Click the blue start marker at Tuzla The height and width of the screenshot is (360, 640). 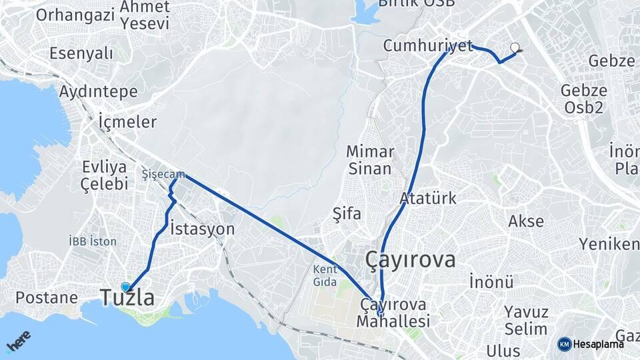[x=125, y=287]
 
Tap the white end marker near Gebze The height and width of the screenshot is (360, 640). [x=515, y=47]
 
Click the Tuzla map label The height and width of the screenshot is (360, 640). [x=127, y=298]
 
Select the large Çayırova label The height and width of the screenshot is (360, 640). [x=411, y=260]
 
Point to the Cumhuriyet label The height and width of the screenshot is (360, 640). [x=423, y=46]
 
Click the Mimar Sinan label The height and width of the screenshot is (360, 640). [x=370, y=160]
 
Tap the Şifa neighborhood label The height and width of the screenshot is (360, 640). [x=347, y=214]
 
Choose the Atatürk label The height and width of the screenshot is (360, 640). [x=428, y=198]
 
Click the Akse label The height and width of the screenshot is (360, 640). [x=526, y=221]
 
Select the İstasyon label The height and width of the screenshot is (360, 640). [x=203, y=229]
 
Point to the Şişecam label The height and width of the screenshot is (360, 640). [x=163, y=174]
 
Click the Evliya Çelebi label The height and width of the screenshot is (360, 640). [x=105, y=175]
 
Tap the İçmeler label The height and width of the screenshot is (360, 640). [x=127, y=122]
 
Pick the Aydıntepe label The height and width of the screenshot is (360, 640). [x=98, y=91]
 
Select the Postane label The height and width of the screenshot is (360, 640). [x=47, y=297]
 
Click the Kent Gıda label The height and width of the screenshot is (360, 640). [x=326, y=276]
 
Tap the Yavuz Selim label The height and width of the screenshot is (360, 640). [x=526, y=320]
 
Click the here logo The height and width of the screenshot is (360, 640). [x=20, y=341]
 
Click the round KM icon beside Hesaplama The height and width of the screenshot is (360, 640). [x=565, y=344]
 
